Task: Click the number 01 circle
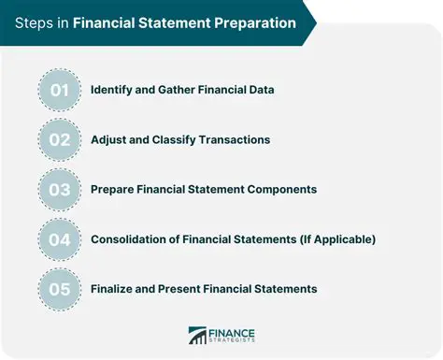pyautogui.click(x=60, y=90)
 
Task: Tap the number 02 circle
pyautogui.click(x=60, y=139)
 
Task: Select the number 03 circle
pyautogui.click(x=60, y=189)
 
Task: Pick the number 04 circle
pyautogui.click(x=60, y=239)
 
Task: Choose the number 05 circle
pyautogui.click(x=60, y=289)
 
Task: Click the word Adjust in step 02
pyautogui.click(x=110, y=139)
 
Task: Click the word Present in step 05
pyautogui.click(x=193, y=289)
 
